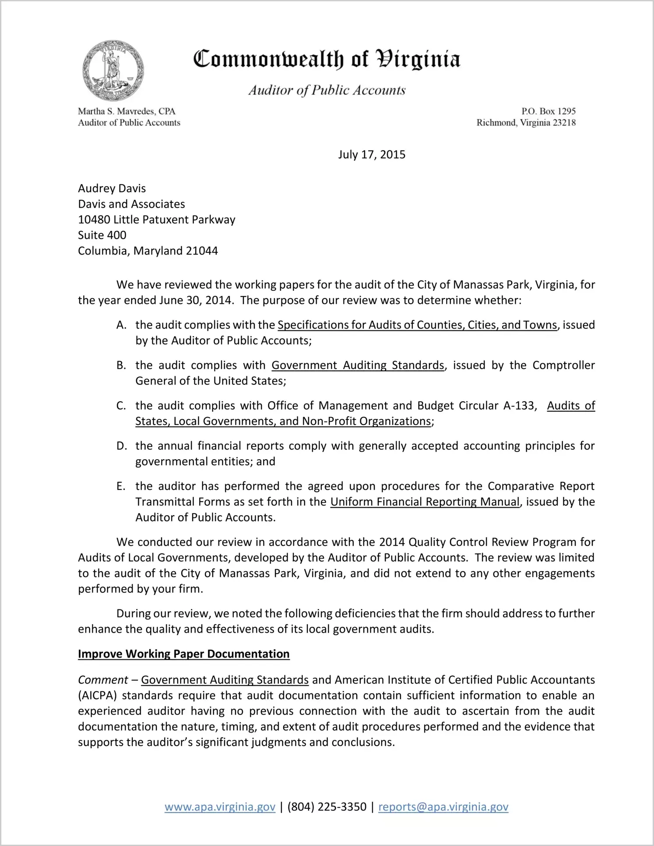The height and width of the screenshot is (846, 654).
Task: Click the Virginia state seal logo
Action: (113, 71)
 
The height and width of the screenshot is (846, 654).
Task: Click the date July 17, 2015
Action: (371, 155)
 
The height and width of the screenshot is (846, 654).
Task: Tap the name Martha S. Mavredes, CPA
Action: (127, 111)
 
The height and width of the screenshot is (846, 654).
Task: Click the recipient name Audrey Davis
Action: (112, 188)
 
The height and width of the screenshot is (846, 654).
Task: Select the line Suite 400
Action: (102, 235)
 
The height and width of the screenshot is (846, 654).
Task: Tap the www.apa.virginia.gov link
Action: (220, 807)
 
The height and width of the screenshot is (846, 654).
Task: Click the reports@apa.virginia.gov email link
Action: (443, 807)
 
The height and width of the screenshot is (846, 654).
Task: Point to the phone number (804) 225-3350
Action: (327, 807)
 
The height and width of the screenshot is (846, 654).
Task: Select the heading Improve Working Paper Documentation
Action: (183, 654)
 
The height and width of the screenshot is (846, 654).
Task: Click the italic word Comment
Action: (103, 680)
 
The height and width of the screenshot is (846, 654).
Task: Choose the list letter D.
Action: (121, 446)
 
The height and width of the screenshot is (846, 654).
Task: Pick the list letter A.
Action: (121, 325)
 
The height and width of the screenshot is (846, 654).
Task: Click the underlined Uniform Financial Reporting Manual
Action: (425, 502)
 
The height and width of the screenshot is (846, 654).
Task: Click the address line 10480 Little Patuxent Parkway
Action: (156, 219)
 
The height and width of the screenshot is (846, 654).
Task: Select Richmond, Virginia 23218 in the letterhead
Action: (526, 123)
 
